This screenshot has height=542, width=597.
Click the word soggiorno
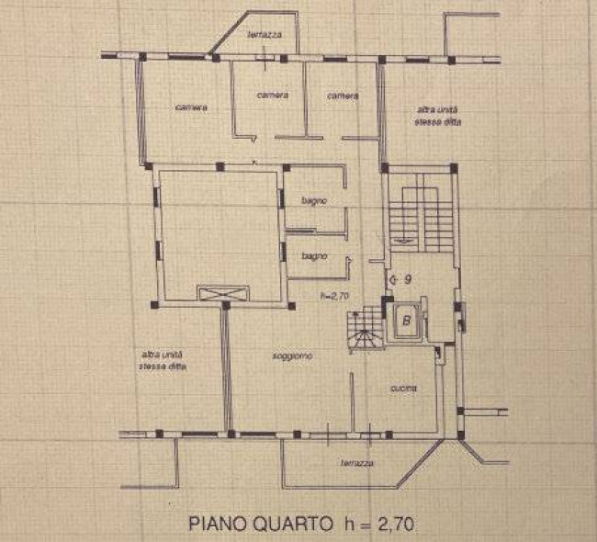tap(291, 356)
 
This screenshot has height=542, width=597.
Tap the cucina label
tap(402, 389)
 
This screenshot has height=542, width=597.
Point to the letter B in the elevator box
tap(405, 322)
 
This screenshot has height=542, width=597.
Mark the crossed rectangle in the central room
tap(222, 293)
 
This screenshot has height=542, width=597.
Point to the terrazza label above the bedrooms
tap(264, 35)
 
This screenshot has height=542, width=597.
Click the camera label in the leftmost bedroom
tap(191, 107)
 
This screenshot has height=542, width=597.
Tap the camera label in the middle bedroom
tap(273, 95)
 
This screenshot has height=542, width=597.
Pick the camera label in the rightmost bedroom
tap(343, 95)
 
